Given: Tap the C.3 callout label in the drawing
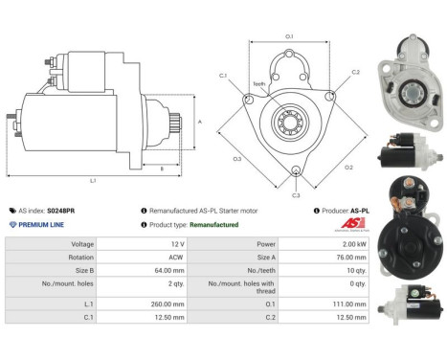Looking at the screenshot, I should [x=297, y=193].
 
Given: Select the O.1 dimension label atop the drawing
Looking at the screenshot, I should [x=289, y=37].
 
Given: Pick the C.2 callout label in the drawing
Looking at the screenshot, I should [x=355, y=72].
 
